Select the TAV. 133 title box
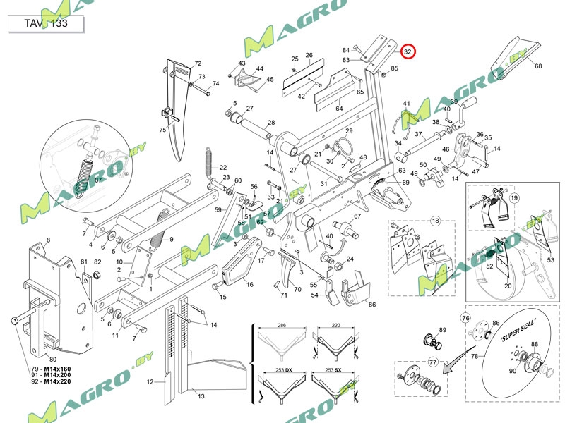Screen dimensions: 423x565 (x=46, y=23)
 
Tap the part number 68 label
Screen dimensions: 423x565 (x=538, y=66)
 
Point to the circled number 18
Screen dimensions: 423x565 (x=435, y=221)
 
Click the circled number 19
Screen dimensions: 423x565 (x=513, y=198)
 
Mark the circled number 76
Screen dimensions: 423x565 (x=465, y=318)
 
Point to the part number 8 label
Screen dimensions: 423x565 (x=48, y=240)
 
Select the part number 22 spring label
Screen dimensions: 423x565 (x=223, y=168)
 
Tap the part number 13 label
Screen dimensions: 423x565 (x=201, y=397)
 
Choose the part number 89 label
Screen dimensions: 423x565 (x=443, y=330)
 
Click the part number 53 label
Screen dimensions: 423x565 (x=551, y=261)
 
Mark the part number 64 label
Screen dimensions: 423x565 (x=339, y=109)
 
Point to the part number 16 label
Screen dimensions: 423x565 (x=249, y=284)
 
